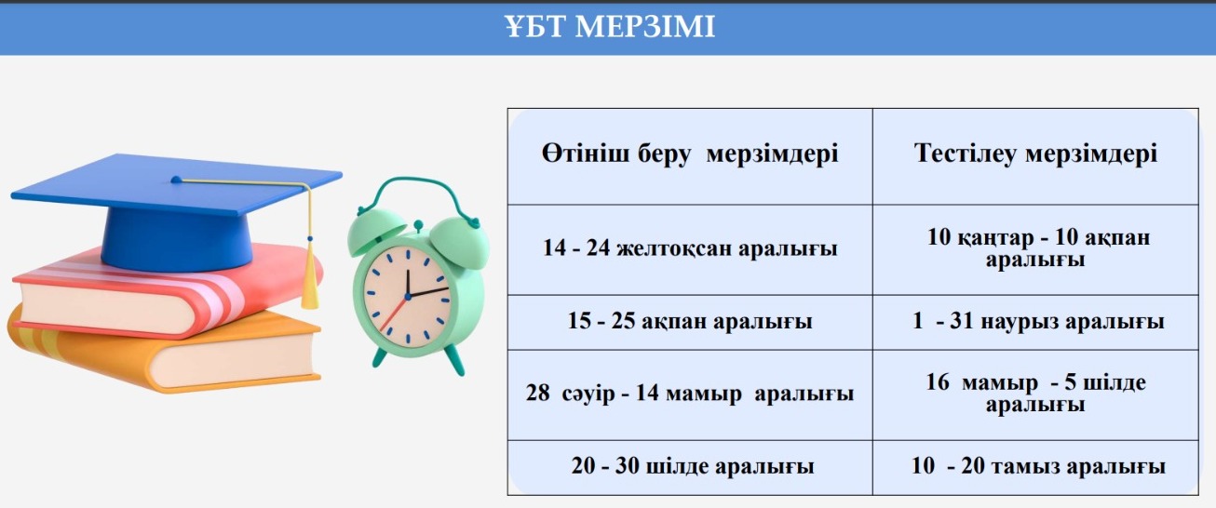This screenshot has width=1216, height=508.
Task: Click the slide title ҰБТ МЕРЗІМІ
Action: [609, 27]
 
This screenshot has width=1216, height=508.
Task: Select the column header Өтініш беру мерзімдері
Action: [690, 154]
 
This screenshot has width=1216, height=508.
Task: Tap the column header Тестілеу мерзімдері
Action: [1034, 154]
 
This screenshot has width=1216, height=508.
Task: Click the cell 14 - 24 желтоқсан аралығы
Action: [690, 248]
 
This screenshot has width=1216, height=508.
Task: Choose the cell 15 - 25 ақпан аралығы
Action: [690, 322]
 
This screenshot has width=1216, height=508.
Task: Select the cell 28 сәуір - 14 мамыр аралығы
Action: [690, 394]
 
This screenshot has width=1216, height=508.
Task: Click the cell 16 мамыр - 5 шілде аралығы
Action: [1036, 394]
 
